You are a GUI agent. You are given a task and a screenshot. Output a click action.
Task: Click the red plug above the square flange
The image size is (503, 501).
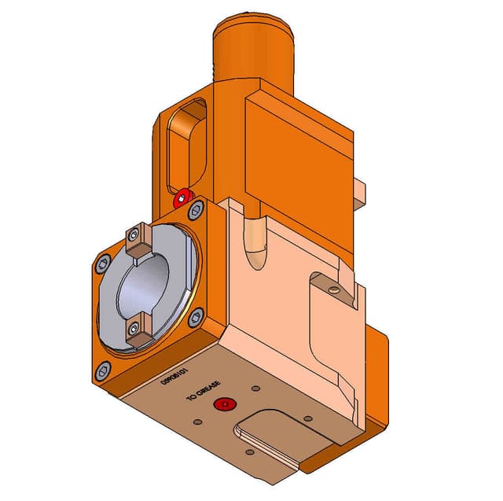(183, 197)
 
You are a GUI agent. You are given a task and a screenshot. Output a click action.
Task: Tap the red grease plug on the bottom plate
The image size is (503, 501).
(226, 404)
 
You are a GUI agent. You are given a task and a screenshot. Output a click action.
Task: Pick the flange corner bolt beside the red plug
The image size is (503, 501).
(196, 208)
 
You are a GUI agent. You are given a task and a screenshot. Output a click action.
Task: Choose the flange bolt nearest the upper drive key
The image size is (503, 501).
(102, 263)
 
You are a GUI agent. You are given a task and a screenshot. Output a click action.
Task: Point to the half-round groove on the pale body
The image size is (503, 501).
(255, 244)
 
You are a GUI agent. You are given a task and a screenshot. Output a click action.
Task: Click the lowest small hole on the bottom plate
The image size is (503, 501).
(250, 452)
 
